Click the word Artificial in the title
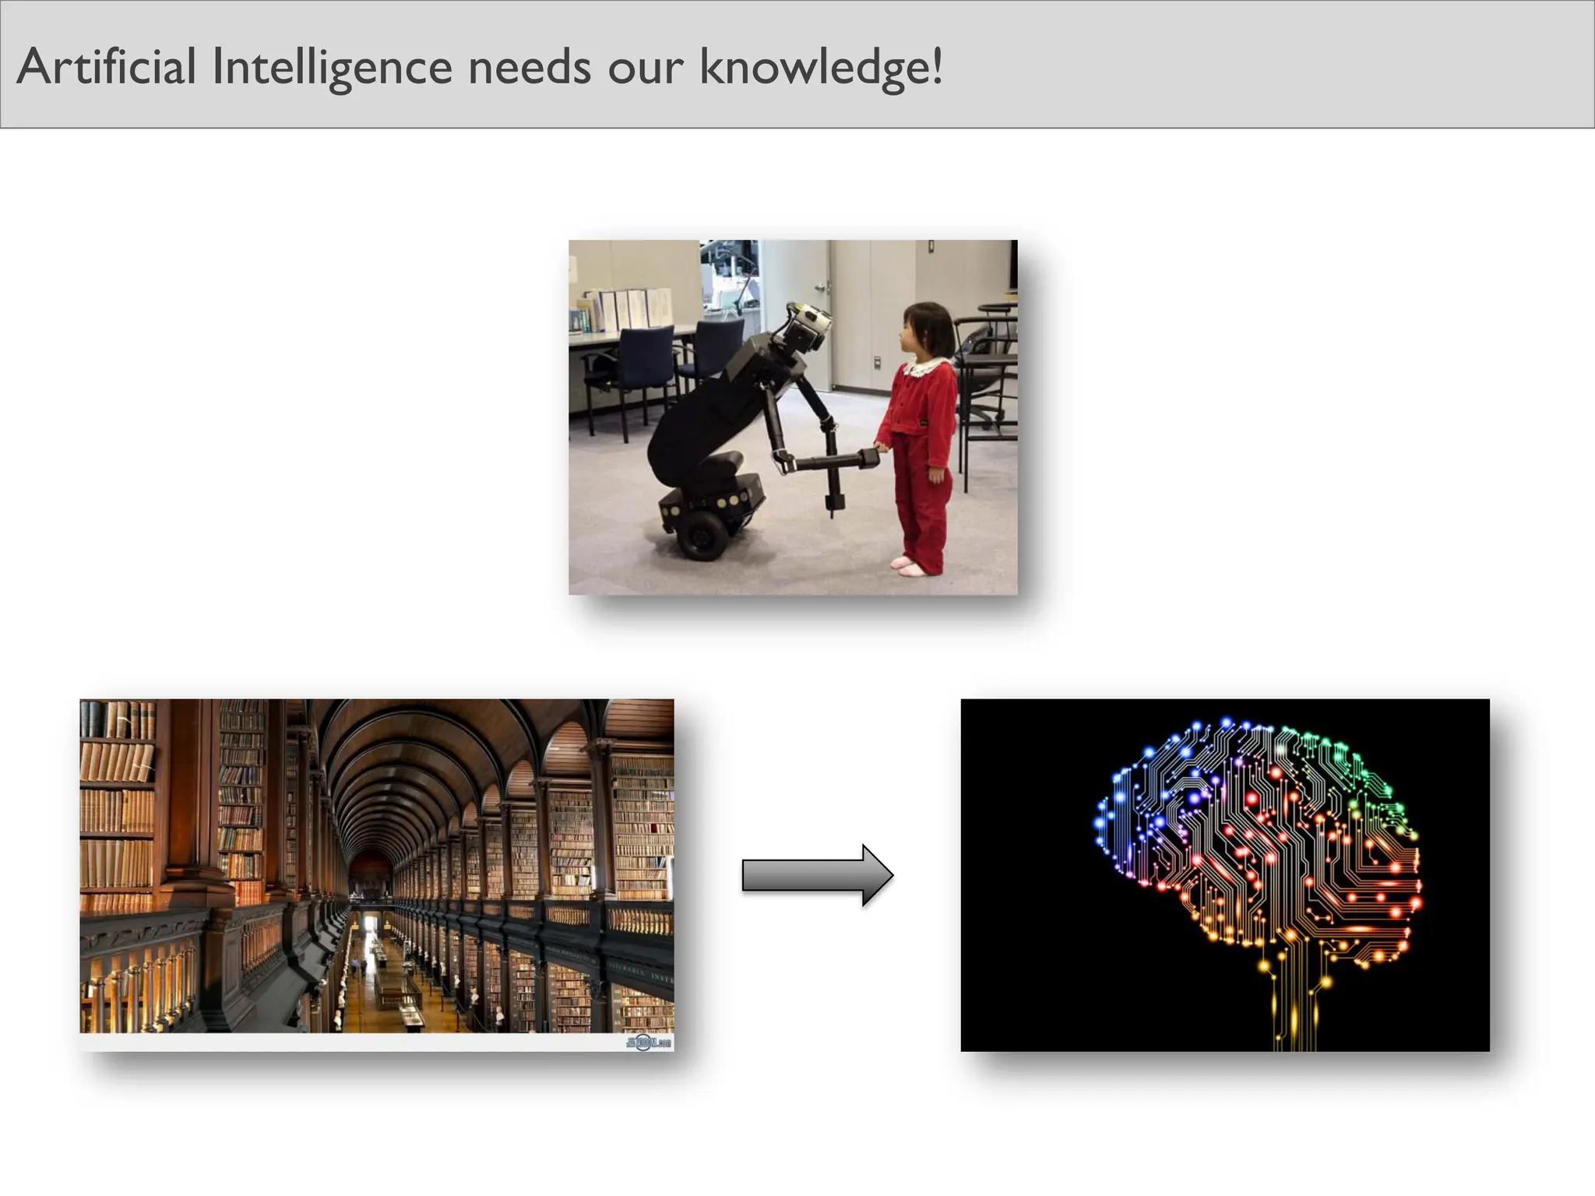[106, 67]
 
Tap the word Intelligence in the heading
[332, 69]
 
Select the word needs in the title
[529, 67]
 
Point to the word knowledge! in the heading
[821, 69]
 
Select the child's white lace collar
[924, 366]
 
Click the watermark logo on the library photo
[648, 1042]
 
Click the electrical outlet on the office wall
[876, 361]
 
